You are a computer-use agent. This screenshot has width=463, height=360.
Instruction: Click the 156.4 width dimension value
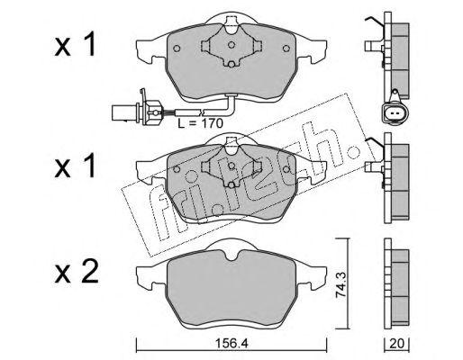(x=231, y=344)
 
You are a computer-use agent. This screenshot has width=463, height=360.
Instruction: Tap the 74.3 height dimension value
(x=341, y=284)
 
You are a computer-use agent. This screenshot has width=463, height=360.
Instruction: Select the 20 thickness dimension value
(x=397, y=344)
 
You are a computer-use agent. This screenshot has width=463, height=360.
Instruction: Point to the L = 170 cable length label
(x=200, y=123)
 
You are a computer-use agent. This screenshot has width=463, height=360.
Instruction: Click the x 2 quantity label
(x=77, y=272)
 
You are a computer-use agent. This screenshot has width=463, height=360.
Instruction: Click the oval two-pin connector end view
(x=394, y=113)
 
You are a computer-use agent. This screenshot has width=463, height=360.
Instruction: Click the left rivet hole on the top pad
(x=177, y=49)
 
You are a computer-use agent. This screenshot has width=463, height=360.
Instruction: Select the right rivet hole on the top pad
(x=286, y=49)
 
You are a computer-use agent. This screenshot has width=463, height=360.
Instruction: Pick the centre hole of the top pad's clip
(x=231, y=45)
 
